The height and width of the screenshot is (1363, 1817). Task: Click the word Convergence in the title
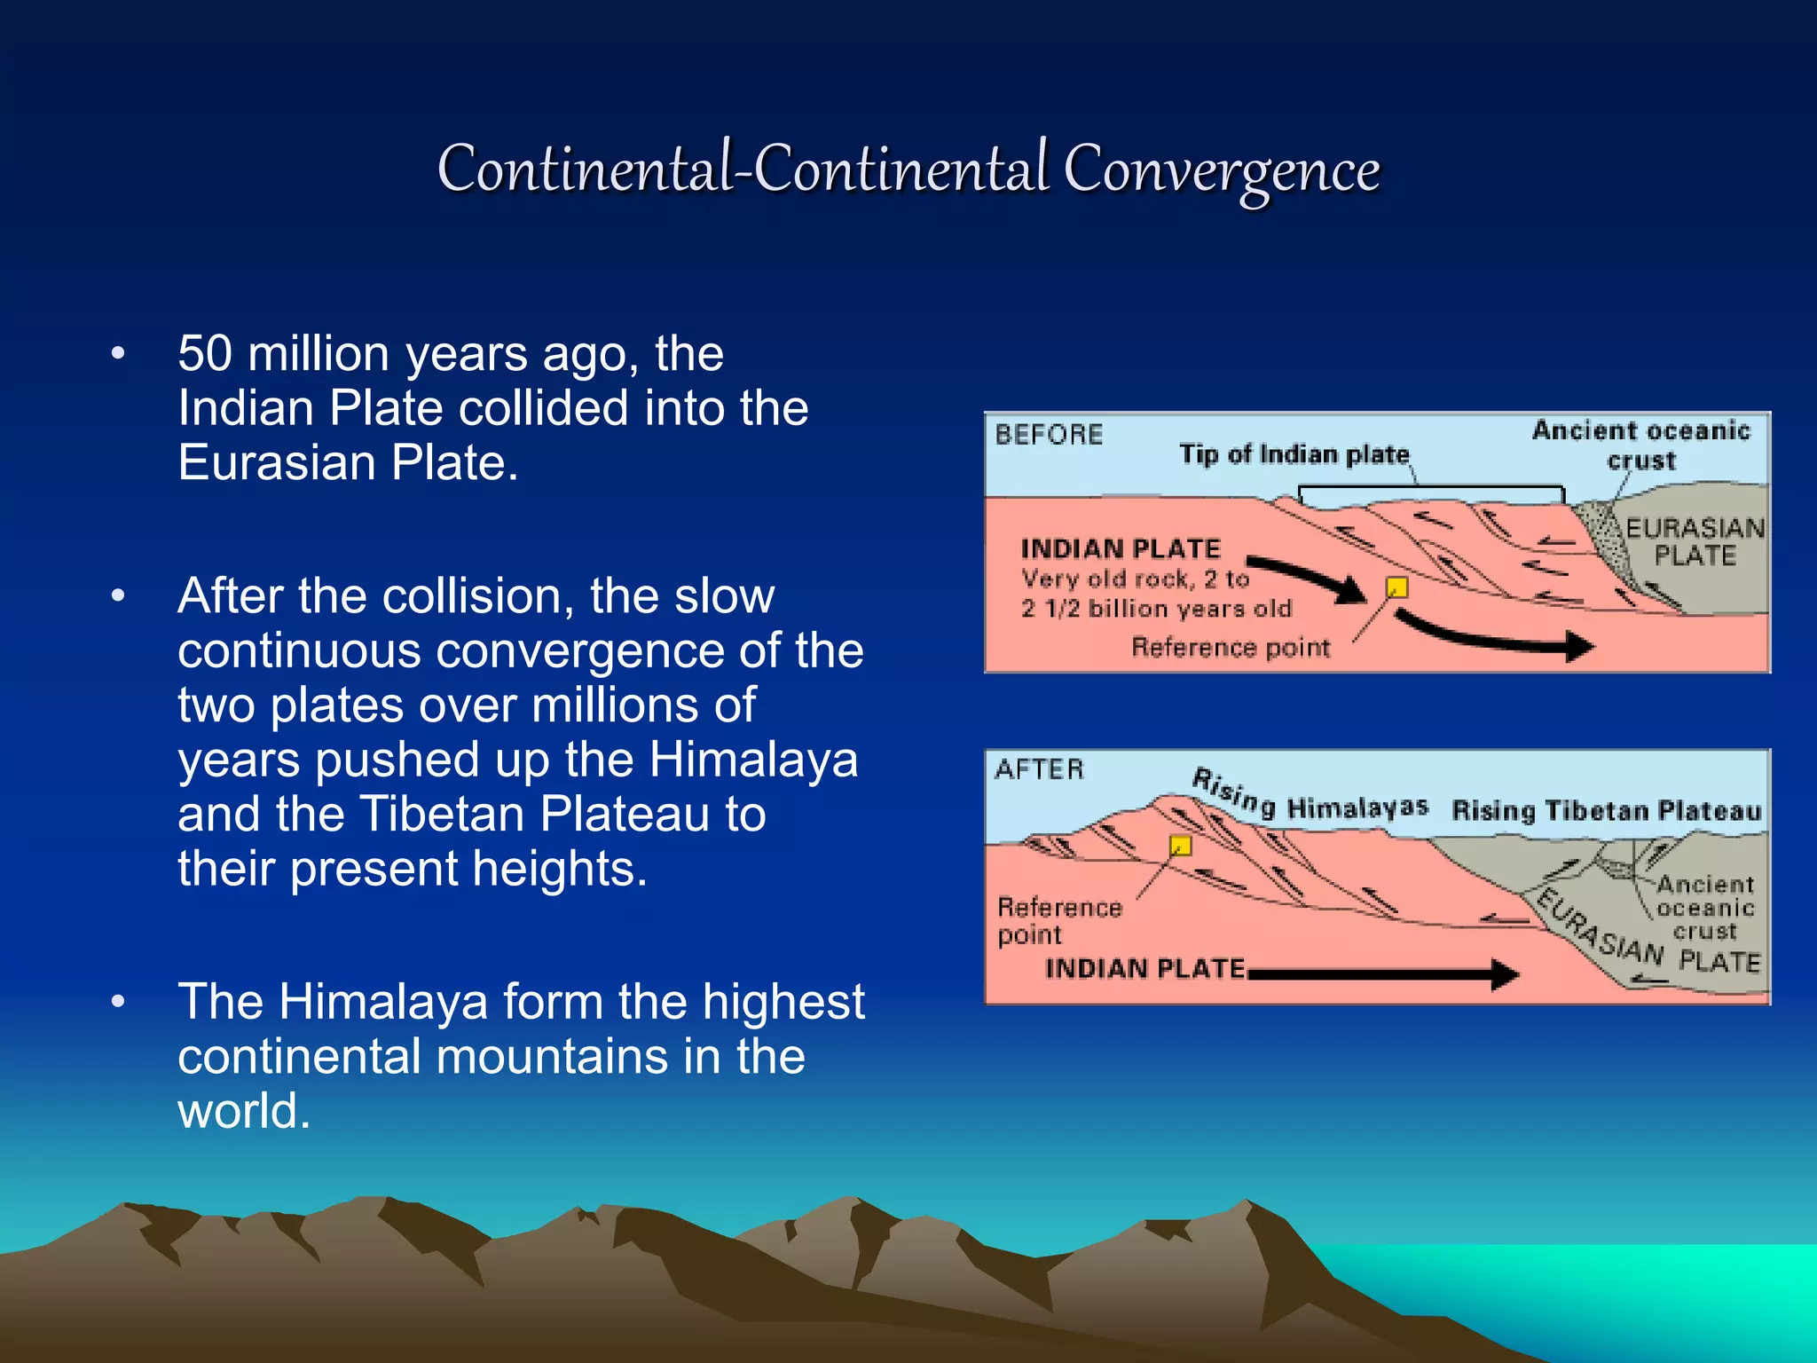1221,170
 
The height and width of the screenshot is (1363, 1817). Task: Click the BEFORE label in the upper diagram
1049,435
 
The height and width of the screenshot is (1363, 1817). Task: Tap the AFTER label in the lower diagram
1039,769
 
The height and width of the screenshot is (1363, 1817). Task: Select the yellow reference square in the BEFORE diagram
1396,587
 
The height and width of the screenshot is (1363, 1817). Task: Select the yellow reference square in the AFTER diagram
1180,845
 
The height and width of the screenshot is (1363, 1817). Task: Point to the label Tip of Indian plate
1294,455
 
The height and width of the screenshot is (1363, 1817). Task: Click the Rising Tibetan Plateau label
1606,811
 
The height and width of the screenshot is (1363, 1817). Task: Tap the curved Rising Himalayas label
1309,799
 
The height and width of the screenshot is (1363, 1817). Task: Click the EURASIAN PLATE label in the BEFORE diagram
1695,542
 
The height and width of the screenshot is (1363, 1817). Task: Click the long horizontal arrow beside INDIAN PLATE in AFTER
1384,974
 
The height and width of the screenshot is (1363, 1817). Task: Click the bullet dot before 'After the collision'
118,596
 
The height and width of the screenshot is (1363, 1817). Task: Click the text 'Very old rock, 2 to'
1135,579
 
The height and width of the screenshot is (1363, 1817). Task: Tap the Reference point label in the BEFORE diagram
1230,648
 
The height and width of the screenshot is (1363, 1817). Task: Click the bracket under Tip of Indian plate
1430,489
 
